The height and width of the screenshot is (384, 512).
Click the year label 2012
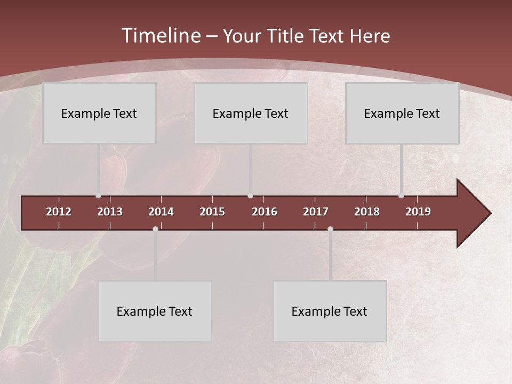59,212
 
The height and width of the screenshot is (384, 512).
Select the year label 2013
110,212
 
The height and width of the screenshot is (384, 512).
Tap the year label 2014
161,212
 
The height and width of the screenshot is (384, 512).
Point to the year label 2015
212,212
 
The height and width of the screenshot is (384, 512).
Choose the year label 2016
265,212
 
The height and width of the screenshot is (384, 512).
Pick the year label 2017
316,212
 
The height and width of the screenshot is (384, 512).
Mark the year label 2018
367,212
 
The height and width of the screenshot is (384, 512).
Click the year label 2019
418,212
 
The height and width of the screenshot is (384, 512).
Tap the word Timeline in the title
160,36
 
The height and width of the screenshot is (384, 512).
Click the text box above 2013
99,113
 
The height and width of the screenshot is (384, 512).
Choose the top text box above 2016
251,113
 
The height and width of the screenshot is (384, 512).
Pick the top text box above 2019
402,113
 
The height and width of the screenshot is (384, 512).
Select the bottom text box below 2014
155,311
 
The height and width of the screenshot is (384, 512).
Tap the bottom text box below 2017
330,311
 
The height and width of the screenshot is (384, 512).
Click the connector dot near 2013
98,196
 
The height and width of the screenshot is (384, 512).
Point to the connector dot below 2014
155,229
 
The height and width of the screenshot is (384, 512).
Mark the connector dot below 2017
330,229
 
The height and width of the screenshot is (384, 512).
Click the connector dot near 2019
401,196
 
